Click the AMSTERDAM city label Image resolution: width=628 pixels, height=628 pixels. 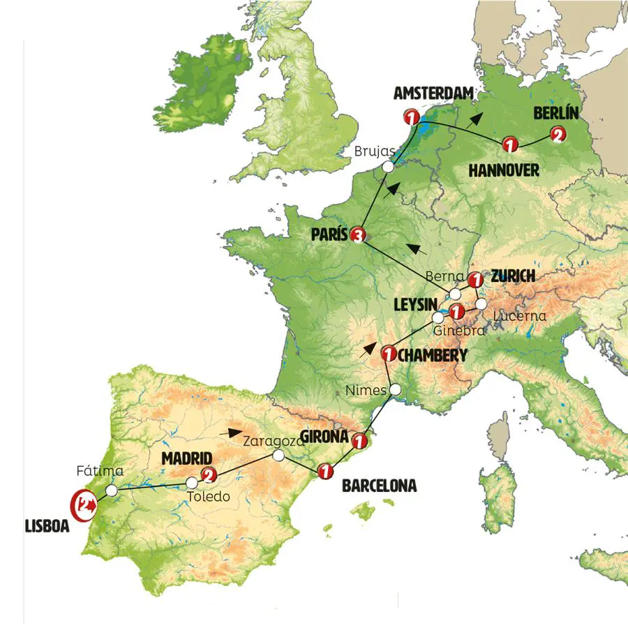[x=433, y=94]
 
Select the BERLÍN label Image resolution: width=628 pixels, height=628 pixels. [x=556, y=113]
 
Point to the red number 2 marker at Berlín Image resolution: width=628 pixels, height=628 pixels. [x=557, y=135]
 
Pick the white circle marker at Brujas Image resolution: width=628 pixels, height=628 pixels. [x=389, y=166]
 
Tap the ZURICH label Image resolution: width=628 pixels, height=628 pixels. [x=513, y=276]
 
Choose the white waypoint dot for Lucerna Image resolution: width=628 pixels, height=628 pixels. [x=481, y=304]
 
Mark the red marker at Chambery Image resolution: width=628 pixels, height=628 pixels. [x=389, y=355]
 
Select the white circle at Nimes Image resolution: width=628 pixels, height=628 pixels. [x=395, y=389]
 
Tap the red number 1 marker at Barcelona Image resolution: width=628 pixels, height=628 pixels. [x=324, y=472]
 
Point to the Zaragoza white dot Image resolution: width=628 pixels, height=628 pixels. [x=278, y=456]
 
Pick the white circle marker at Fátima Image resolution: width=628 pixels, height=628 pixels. [x=112, y=491]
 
